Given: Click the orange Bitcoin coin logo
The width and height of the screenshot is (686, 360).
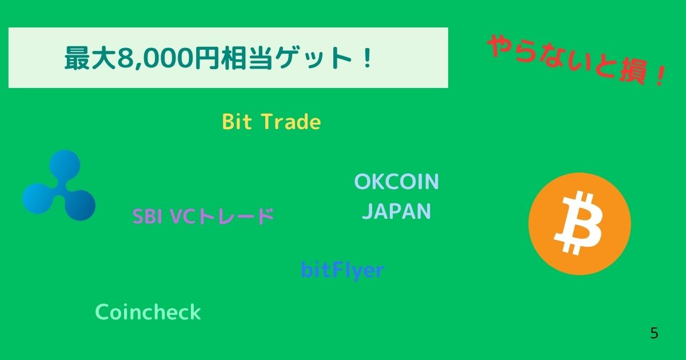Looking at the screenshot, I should (x=580, y=224).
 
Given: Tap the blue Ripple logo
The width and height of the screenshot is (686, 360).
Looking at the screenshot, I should (x=59, y=186).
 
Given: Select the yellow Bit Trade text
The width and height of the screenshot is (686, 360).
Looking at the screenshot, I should (x=271, y=122).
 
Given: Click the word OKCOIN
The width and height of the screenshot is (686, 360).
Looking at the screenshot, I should (x=396, y=182).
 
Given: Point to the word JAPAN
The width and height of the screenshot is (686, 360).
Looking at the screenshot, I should (x=396, y=212).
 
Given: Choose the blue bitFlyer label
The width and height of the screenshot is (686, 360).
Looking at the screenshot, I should (x=342, y=270).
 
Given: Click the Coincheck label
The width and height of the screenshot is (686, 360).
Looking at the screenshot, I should (x=148, y=313).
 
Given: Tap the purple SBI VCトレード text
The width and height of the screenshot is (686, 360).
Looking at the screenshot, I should (x=203, y=217).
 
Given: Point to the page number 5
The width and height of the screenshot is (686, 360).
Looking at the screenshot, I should (x=654, y=334).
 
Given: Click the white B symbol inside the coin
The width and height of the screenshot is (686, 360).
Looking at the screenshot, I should (x=579, y=224).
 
